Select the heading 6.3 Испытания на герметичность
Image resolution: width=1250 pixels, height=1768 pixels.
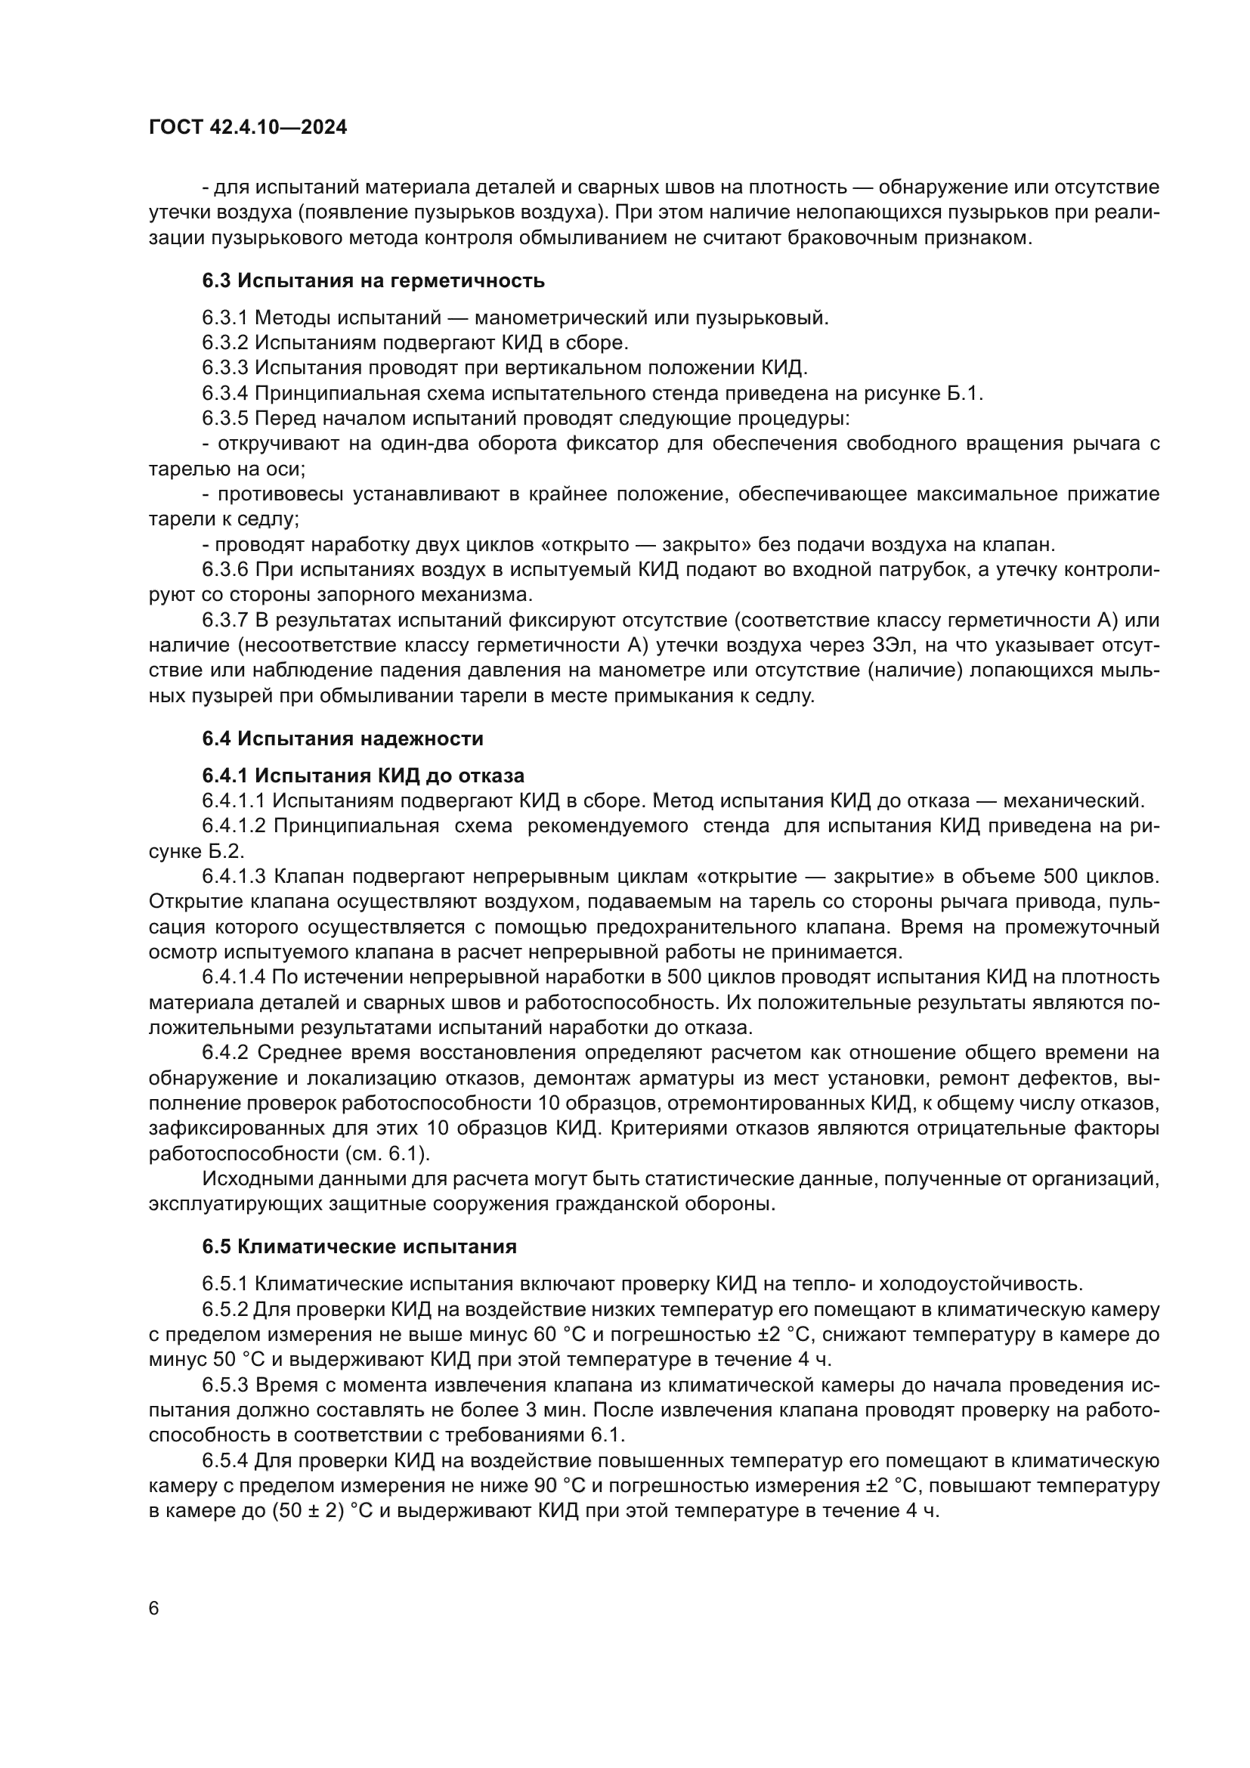[x=373, y=281]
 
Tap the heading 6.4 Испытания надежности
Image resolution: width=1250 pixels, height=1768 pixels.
[x=342, y=738]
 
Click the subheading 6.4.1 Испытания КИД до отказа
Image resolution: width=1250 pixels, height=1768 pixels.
[x=364, y=775]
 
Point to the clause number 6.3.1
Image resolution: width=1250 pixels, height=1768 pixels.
[x=224, y=317]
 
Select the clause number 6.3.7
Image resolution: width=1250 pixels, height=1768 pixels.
[x=224, y=620]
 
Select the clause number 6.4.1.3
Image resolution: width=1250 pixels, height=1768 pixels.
[x=234, y=876]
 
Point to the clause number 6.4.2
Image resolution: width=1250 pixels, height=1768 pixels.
[x=224, y=1053]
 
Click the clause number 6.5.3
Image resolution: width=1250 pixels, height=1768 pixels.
[x=224, y=1386]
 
